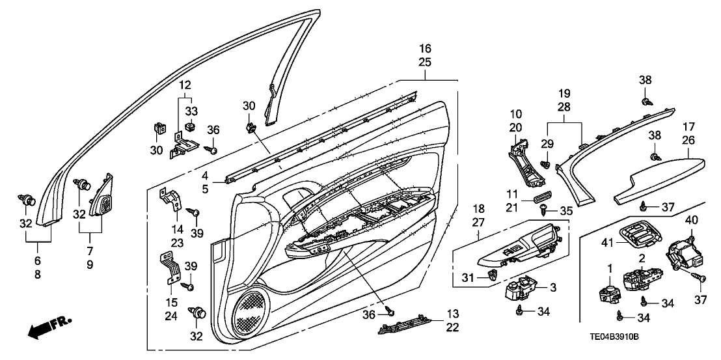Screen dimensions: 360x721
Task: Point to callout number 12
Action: tap(185, 85)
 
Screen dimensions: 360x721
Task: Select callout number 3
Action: tap(553, 288)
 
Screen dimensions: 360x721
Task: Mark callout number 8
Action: tap(37, 275)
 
